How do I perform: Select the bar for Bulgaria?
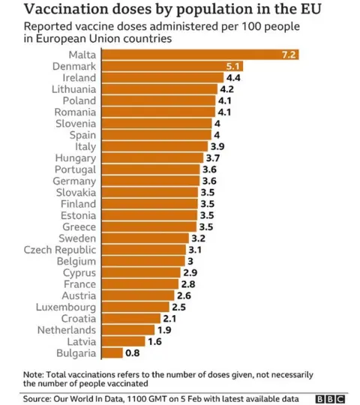[x=112, y=352]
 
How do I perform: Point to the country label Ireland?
[x=77, y=78]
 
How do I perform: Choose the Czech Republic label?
[x=60, y=249]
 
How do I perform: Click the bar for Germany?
[x=150, y=181]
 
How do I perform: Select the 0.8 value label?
[x=133, y=352]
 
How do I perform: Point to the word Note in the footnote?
[x=33, y=373]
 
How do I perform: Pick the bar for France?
[x=139, y=284]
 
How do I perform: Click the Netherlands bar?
[x=127, y=329]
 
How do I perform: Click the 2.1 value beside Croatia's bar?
[x=169, y=318]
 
